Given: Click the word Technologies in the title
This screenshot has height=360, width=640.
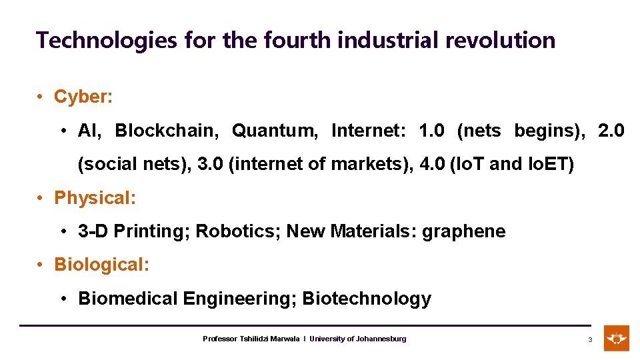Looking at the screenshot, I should [107, 41].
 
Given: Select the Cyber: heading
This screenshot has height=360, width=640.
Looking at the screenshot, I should [83, 97].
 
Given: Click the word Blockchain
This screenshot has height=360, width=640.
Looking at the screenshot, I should [167, 131].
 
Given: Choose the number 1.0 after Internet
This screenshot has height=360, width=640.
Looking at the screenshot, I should [431, 131].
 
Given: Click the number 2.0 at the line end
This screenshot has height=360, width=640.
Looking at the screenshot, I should [611, 131].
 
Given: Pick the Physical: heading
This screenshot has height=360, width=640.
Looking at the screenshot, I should [95, 198].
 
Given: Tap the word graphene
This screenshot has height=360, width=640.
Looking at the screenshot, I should [465, 231].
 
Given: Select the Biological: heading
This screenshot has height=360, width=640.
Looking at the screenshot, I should [102, 265].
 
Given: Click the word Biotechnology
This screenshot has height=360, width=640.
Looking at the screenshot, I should [367, 299].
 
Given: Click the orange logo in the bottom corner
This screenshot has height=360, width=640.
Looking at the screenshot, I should [616, 338].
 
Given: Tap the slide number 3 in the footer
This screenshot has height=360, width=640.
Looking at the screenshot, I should [589, 340].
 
